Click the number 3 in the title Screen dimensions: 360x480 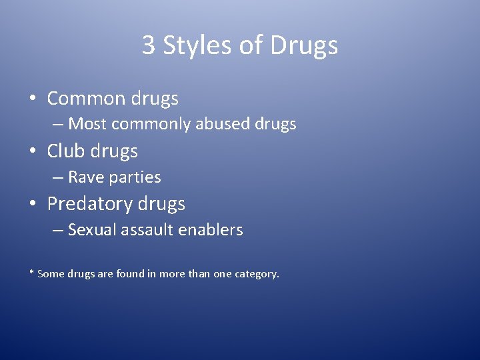(149, 45)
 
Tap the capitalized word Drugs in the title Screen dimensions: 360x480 (305, 46)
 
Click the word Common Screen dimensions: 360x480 (86, 99)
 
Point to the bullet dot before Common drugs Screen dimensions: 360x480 (32, 99)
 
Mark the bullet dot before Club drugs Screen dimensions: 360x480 (32, 151)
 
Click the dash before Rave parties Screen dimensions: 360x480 (59, 177)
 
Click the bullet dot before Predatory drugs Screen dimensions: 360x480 (32, 204)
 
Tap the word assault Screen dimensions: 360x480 (149, 231)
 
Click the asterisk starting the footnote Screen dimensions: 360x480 (31, 273)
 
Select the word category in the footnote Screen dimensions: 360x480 (256, 274)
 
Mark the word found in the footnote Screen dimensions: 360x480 (138, 273)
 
